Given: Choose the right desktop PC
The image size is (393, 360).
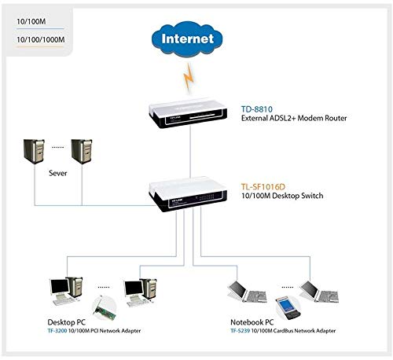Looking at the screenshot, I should coord(136,290).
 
